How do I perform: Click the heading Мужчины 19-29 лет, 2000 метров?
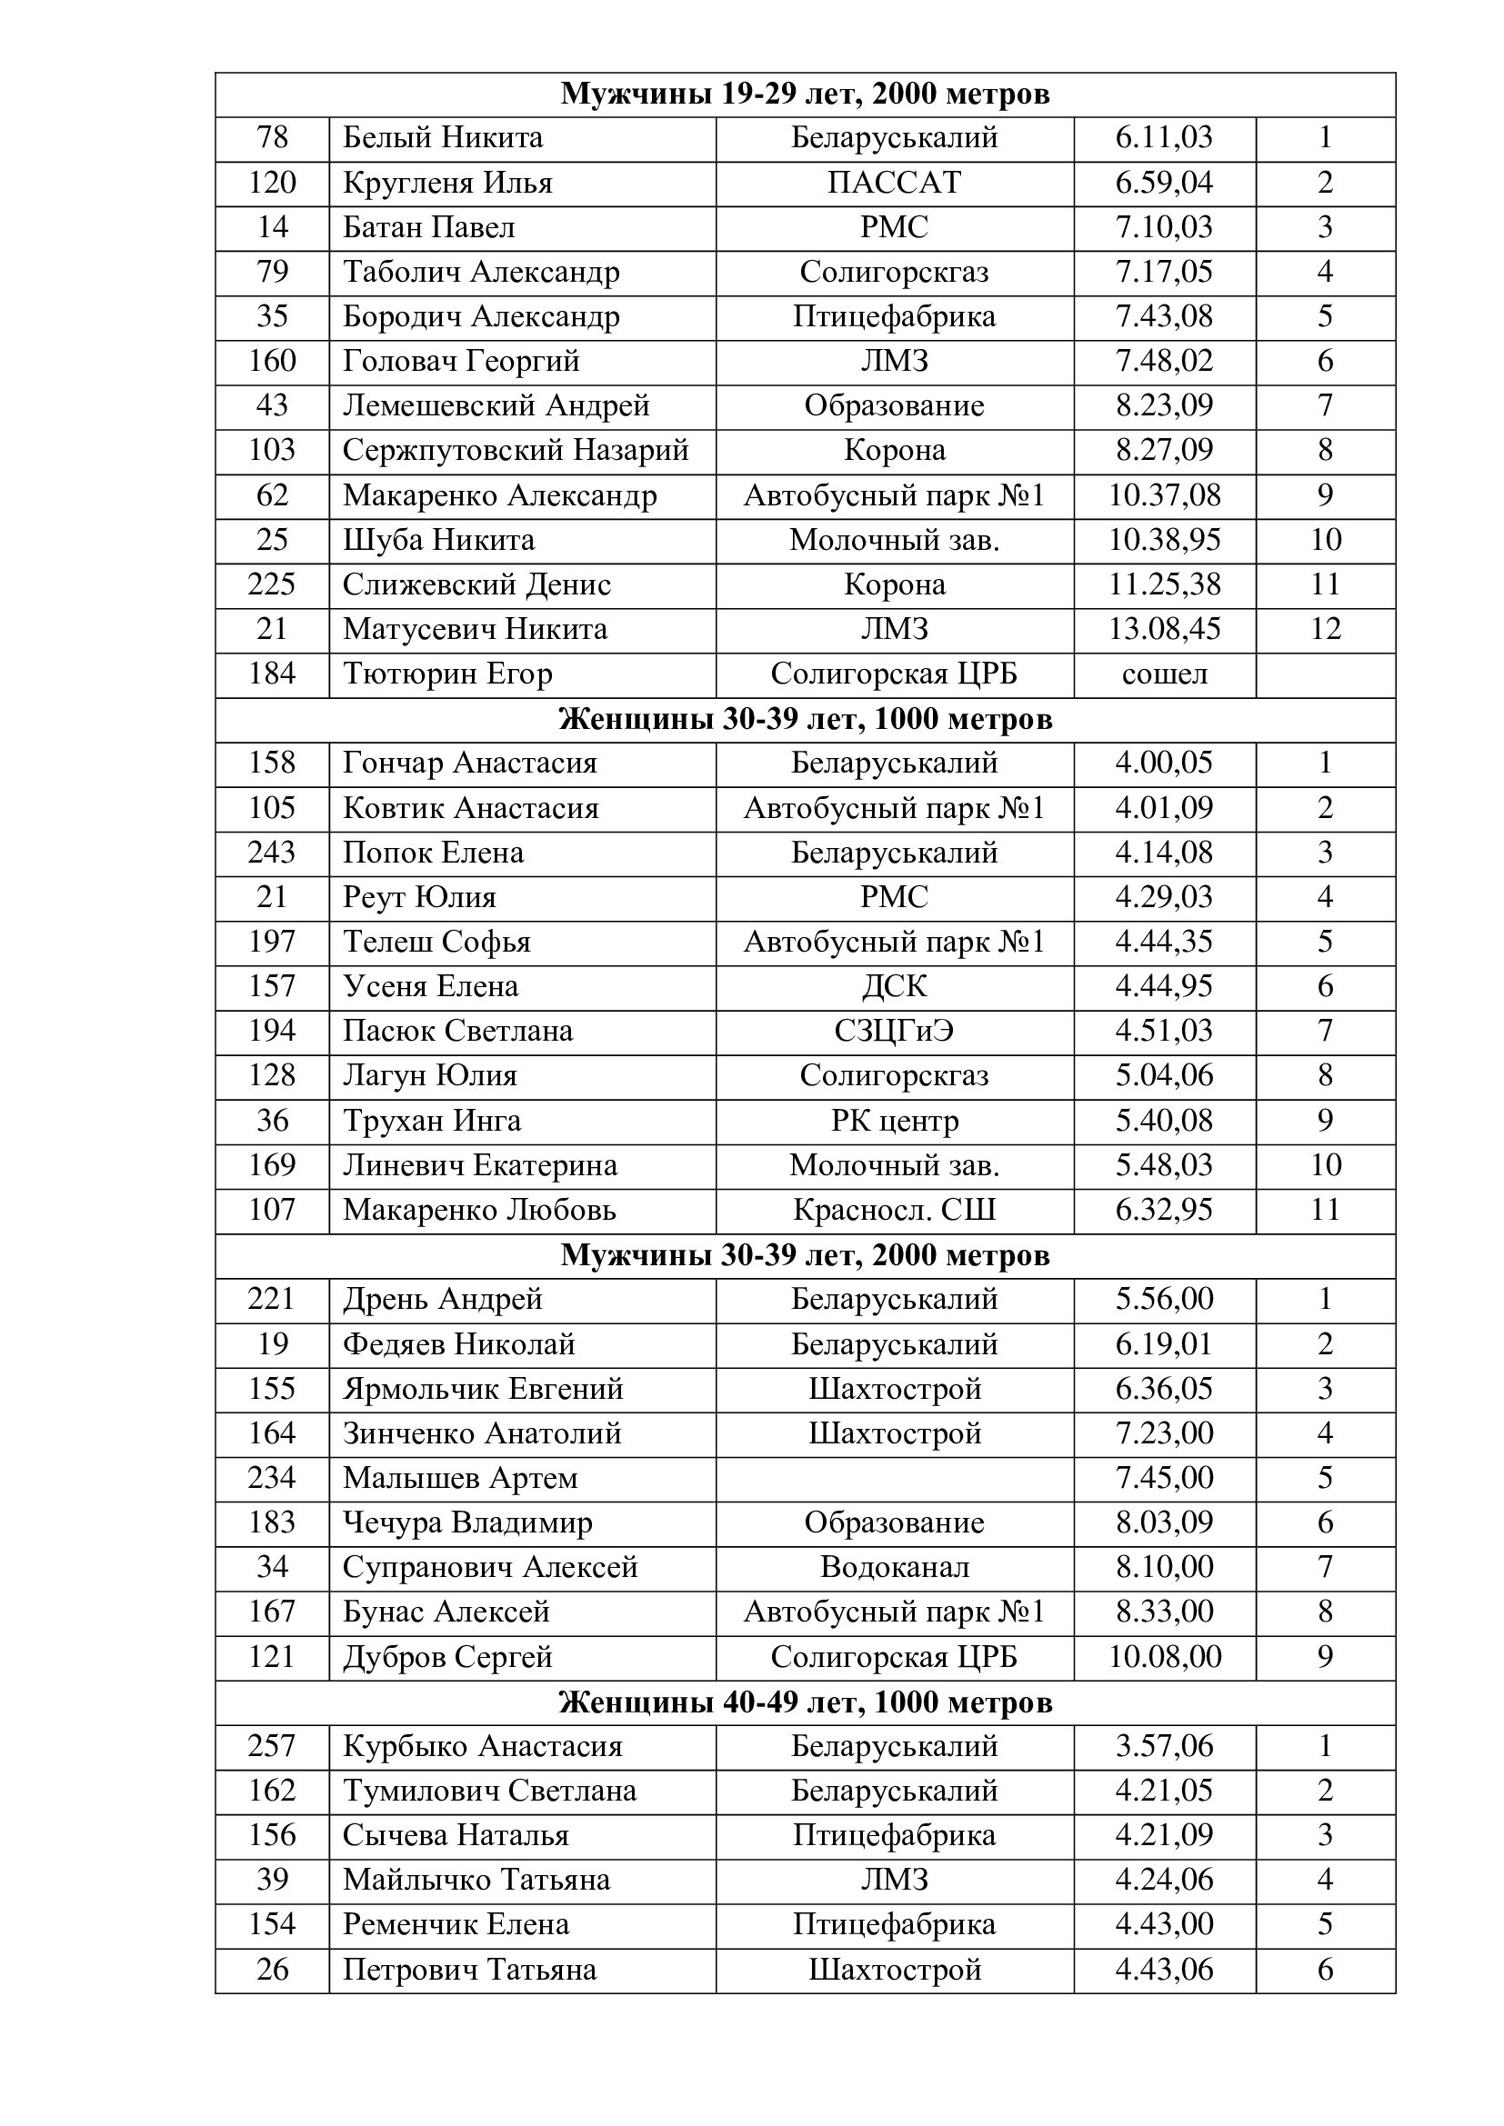[x=805, y=95]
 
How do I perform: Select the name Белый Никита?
[x=443, y=138]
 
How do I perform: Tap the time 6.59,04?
[x=1164, y=183]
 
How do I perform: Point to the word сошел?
[x=1164, y=674]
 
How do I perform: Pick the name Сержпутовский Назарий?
[x=516, y=450]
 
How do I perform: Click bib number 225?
[x=271, y=584]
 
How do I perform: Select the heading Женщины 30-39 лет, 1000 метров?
[x=805, y=720]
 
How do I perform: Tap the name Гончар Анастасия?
[x=469, y=763]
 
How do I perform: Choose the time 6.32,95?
[x=1164, y=1210]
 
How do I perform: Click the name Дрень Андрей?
[x=443, y=1299]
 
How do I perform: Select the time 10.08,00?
[x=1164, y=1657]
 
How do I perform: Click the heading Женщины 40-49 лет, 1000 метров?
[x=805, y=1702]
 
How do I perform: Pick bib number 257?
[x=271, y=1746]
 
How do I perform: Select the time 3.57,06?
[x=1164, y=1746]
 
